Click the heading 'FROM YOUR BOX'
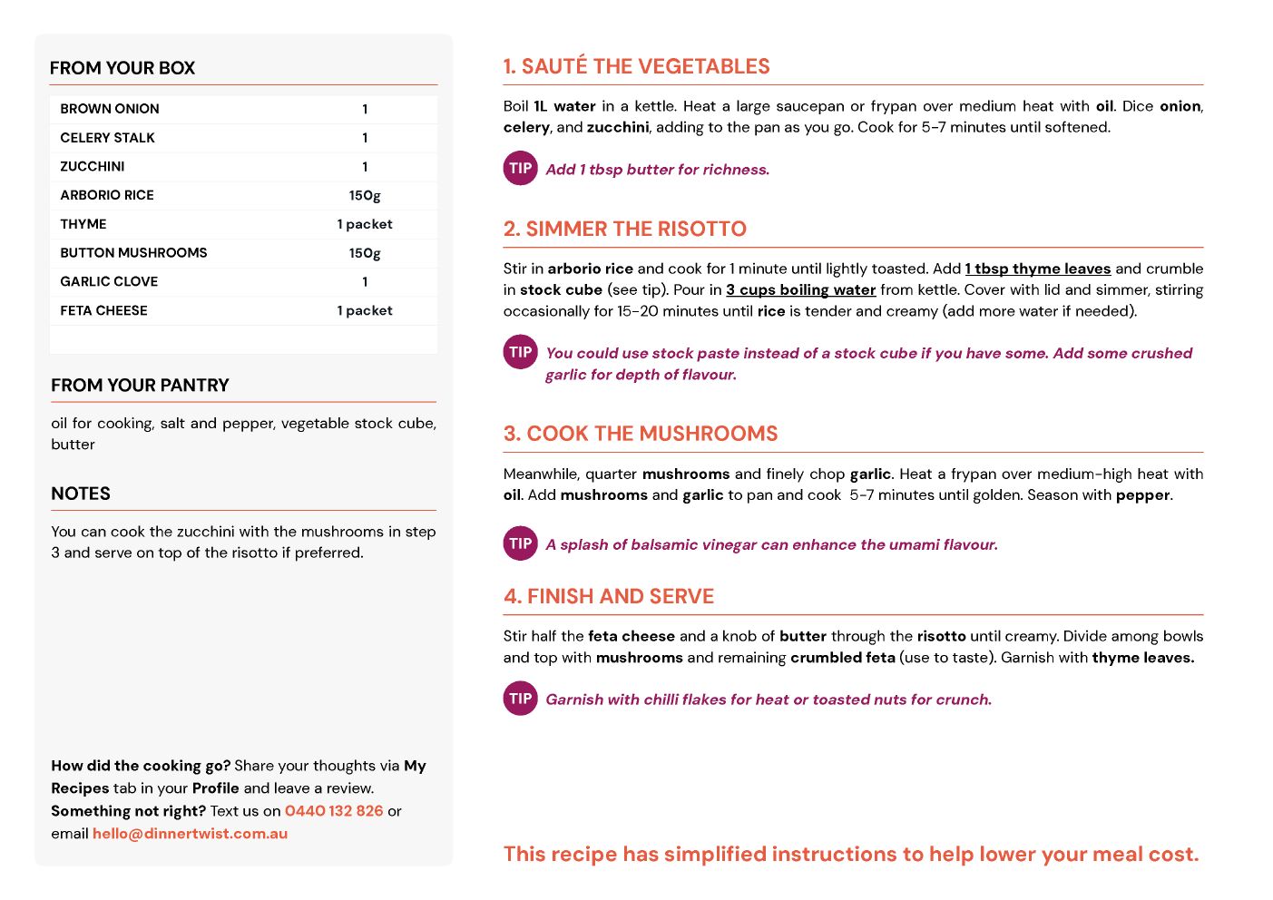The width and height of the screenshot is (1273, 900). [122, 68]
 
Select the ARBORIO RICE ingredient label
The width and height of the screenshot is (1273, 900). [107, 195]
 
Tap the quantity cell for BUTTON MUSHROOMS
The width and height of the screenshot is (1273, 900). [365, 253]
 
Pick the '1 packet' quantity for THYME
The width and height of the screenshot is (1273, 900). [365, 224]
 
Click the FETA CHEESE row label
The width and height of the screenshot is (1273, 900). [103, 310]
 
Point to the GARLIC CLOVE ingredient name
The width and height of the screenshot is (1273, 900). [109, 281]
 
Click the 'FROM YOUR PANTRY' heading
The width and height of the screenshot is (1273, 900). [140, 386]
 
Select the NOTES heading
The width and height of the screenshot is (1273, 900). [81, 494]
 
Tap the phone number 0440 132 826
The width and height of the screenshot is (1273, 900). [334, 811]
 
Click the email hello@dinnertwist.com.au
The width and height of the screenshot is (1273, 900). [190, 834]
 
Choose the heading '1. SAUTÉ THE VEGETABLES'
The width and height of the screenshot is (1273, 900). [636, 66]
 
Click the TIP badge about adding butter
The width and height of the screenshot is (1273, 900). [521, 168]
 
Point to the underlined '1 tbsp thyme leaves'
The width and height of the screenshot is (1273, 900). [1038, 269]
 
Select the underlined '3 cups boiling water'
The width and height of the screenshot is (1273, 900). [801, 289]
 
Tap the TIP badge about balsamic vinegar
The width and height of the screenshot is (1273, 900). [521, 543]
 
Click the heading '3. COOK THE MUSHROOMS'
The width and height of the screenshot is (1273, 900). [641, 434]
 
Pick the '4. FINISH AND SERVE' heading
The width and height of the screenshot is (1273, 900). [609, 596]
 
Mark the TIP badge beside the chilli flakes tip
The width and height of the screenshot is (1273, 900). [521, 699]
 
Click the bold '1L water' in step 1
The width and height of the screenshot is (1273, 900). [564, 106]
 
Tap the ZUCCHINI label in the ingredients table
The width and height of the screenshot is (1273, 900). [93, 166]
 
